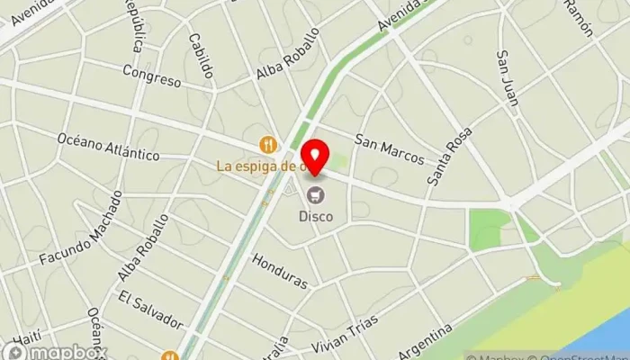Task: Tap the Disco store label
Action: [316, 216]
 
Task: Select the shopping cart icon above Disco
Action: [316, 194]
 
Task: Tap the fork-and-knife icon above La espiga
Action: [267, 144]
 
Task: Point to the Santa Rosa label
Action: [450, 158]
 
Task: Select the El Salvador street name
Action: [149, 308]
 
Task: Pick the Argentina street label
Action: [424, 343]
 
